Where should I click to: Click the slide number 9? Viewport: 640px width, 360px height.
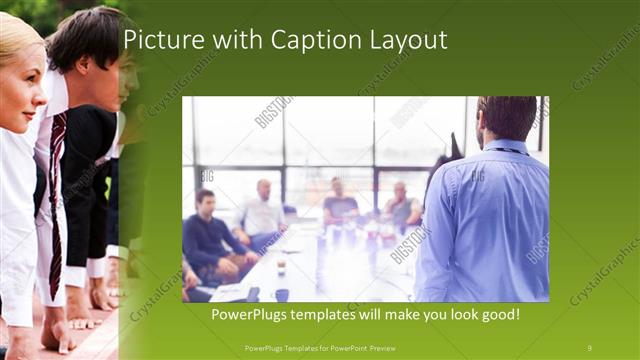point(588,347)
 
